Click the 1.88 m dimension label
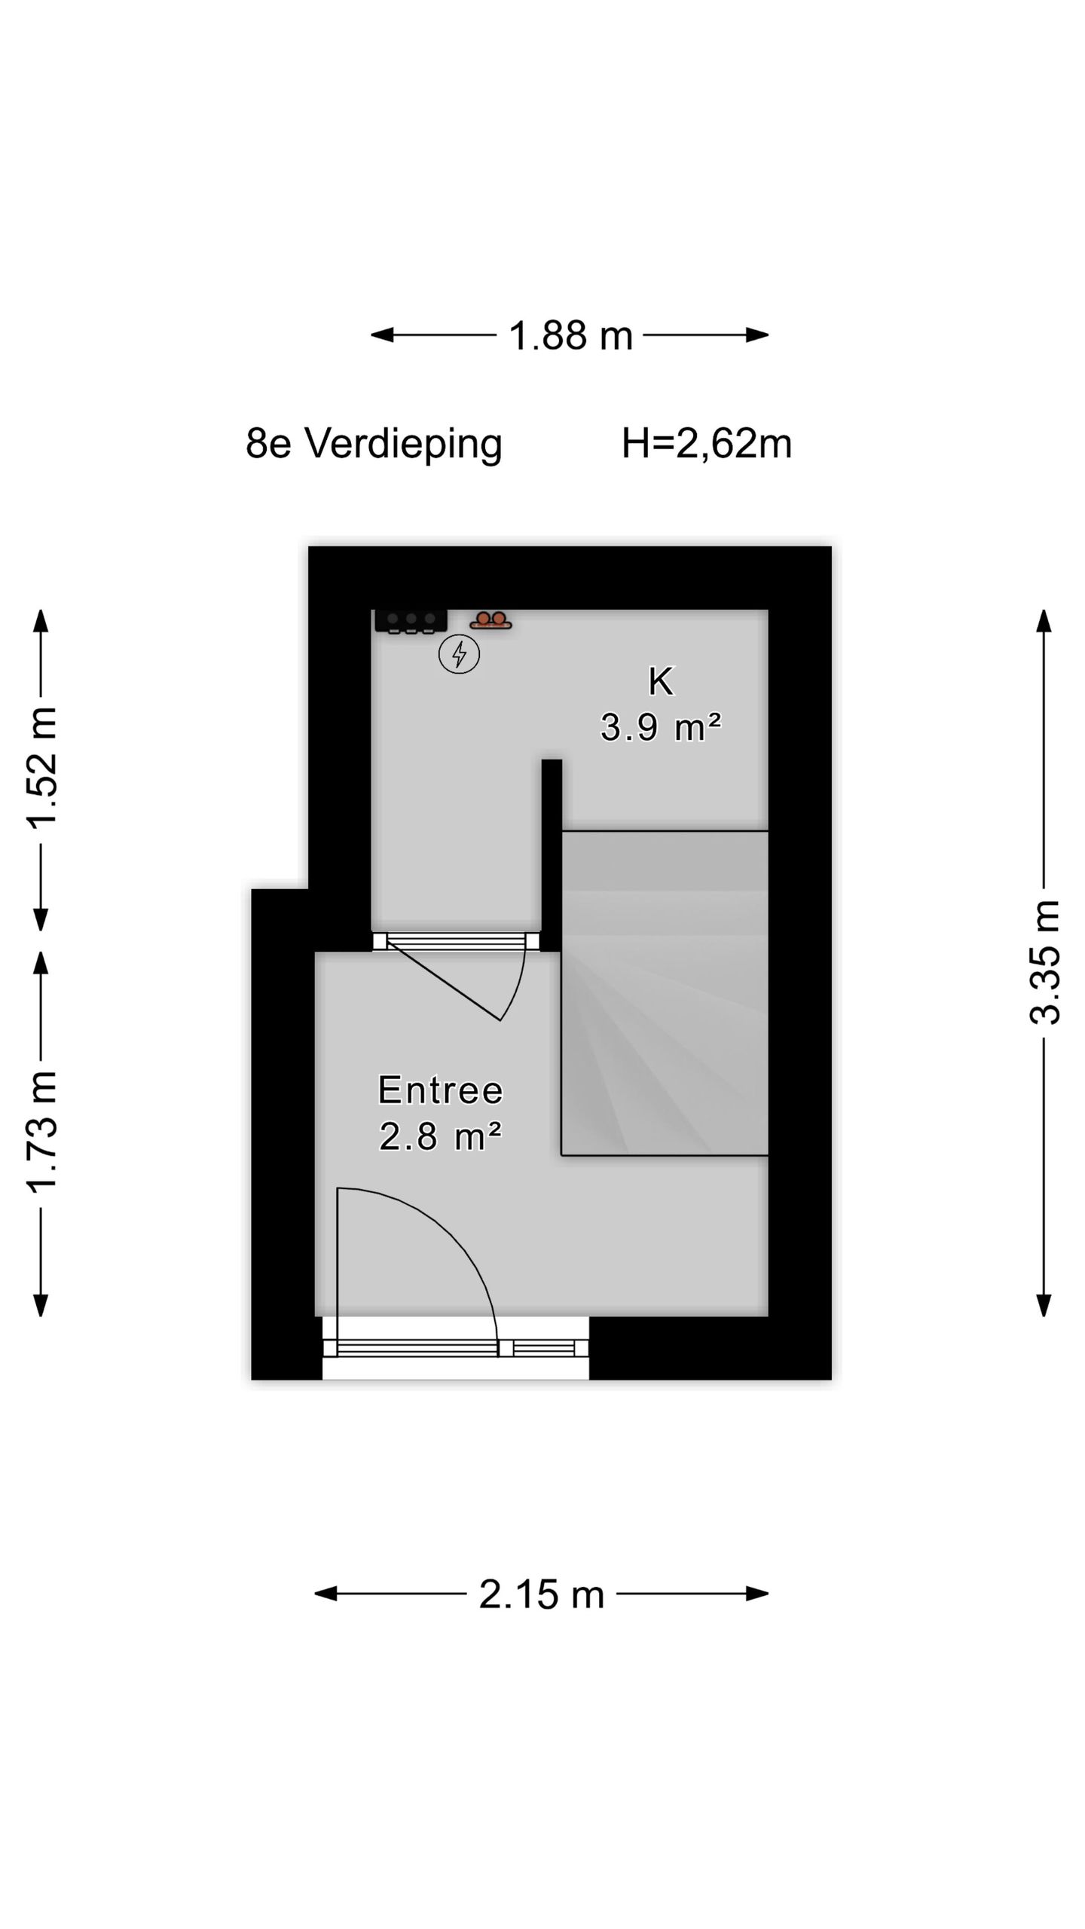[x=570, y=336]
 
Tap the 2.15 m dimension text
[x=541, y=1595]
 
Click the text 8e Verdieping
[x=374, y=443]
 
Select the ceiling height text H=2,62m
[x=706, y=443]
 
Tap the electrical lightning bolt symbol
[x=459, y=653]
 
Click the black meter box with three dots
[x=411, y=621]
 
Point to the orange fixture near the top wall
[x=491, y=621]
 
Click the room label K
[x=661, y=682]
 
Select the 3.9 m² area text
[x=661, y=728]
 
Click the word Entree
[x=440, y=1090]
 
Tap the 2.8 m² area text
[x=440, y=1137]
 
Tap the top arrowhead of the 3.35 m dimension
[x=1044, y=620]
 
